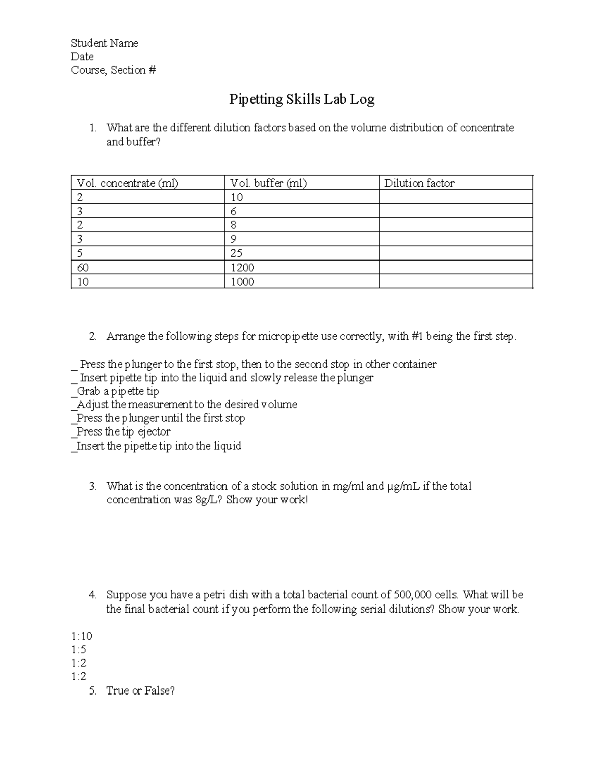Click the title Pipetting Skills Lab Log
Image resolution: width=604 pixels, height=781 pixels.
tap(301, 99)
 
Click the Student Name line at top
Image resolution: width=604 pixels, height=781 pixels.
tap(104, 43)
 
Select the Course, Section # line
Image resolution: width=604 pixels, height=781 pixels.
tap(113, 70)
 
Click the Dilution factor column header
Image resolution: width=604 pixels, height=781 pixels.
tap(419, 183)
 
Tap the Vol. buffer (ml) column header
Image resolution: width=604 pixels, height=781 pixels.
tap(268, 183)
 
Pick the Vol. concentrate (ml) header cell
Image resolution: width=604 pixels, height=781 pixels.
tap(127, 183)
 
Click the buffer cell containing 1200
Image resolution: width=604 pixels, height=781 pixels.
tap(242, 268)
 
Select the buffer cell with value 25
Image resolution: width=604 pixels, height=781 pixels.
tap(236, 253)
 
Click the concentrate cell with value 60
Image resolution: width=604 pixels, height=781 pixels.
tap(83, 268)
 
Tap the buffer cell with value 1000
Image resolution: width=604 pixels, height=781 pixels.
tap(242, 282)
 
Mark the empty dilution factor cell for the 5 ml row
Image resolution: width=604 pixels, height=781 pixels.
tap(455, 253)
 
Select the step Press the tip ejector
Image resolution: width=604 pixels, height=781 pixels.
tap(123, 432)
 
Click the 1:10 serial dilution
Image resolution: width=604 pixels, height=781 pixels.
tap(82, 636)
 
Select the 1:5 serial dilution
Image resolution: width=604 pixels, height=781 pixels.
tap(79, 650)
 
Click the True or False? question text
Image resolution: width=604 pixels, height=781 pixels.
tap(140, 691)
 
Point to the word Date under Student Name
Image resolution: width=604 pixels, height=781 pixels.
tap(82, 57)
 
